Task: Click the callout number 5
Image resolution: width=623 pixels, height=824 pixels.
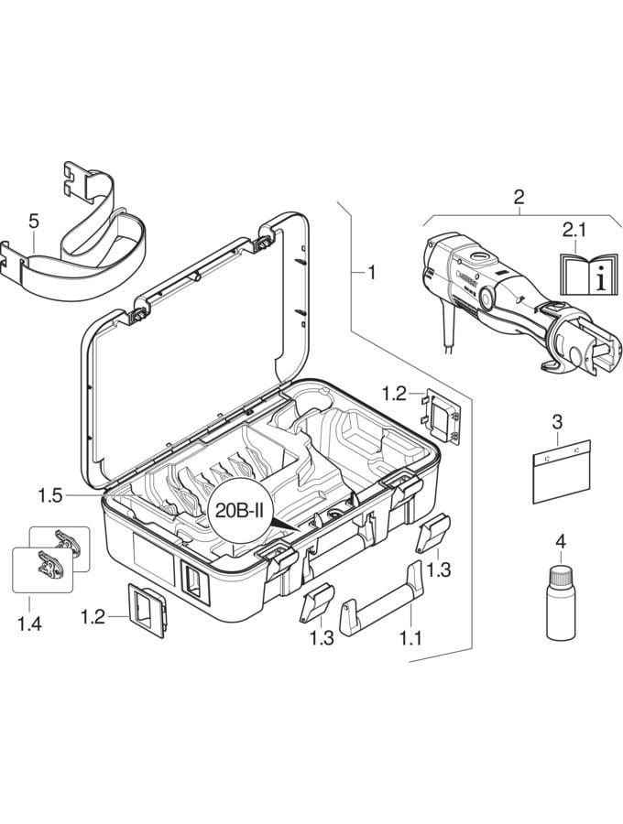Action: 34,222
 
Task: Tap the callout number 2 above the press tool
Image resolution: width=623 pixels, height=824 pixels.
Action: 519,197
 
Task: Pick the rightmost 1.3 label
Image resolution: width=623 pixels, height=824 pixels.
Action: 439,569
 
